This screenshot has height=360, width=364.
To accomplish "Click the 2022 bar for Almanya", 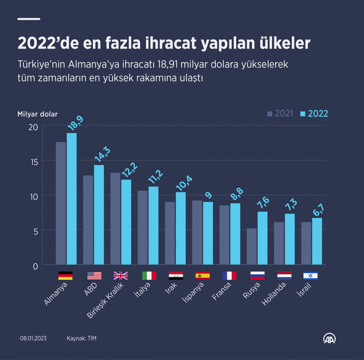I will click(71, 199).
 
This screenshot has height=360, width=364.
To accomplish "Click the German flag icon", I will click(65, 276).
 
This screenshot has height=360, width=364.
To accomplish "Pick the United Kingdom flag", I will click(120, 276).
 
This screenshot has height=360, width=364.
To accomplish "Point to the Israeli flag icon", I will click(310, 276).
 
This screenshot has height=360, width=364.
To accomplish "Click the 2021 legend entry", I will click(280, 114).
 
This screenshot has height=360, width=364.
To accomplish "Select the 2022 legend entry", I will click(314, 114).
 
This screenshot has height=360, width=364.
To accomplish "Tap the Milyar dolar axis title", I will click(37, 114).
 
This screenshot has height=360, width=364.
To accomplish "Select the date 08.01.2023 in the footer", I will click(33, 338).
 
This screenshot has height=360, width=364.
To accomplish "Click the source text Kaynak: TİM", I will click(81, 338).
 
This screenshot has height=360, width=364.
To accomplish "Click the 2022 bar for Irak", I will click(181, 228).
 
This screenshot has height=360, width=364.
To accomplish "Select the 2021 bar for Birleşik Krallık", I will click(115, 218).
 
